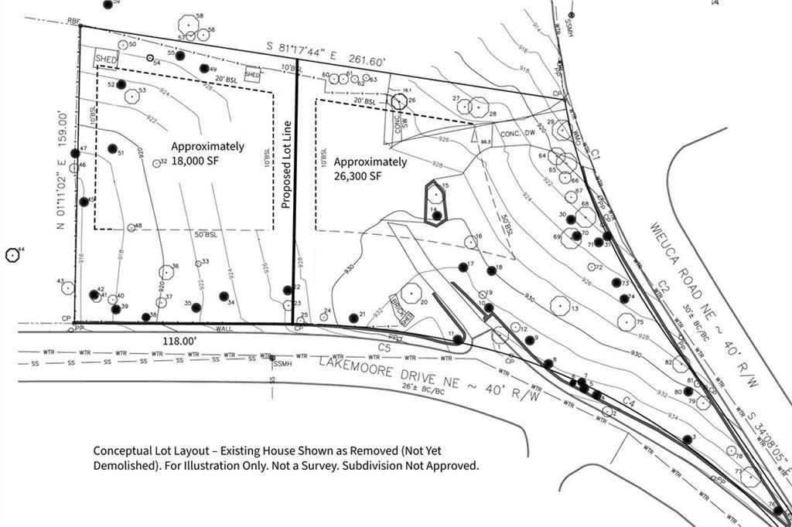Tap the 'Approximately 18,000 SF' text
(207, 153)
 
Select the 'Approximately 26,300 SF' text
(370, 168)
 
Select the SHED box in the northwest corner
(104, 59)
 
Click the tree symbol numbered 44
(12, 254)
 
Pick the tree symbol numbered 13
(560, 305)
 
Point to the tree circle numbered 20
(411, 292)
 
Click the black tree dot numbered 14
(437, 216)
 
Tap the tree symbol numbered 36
(166, 271)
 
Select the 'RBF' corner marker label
(74, 21)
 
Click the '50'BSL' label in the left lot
(204, 234)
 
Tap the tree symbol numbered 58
(187, 24)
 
